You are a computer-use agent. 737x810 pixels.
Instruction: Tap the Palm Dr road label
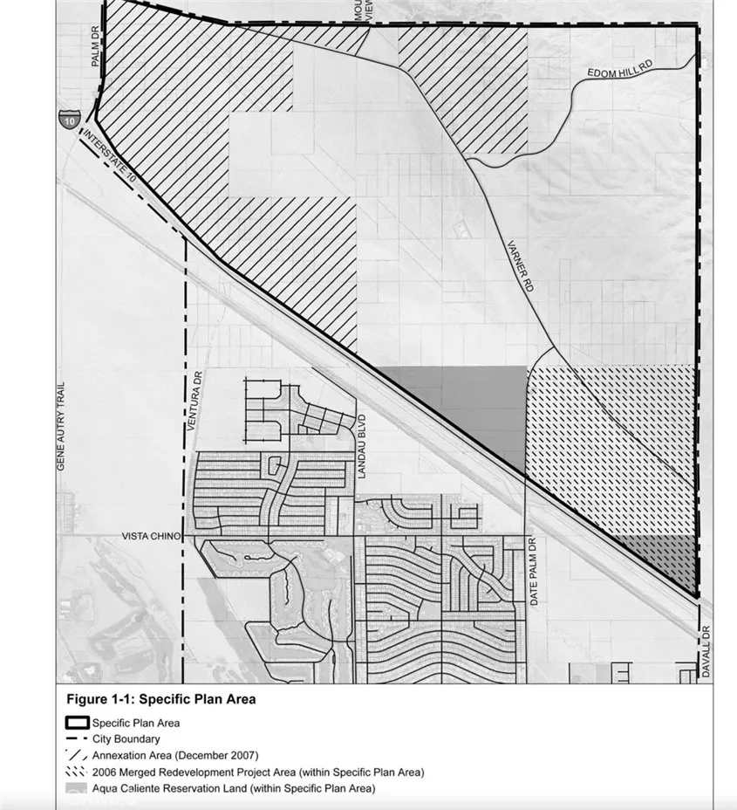[x=96, y=50]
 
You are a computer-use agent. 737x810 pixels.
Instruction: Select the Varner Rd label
[x=522, y=267]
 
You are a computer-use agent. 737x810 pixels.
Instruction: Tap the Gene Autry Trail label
[x=61, y=427]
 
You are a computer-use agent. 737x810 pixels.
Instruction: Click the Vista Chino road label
[x=153, y=536]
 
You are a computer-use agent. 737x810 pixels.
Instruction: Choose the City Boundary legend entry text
[x=126, y=739]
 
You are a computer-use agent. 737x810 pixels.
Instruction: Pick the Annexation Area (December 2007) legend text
[x=174, y=756]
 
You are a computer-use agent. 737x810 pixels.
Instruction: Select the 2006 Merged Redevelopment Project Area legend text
[x=257, y=772]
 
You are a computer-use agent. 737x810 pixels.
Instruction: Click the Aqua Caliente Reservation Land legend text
[x=233, y=789]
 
